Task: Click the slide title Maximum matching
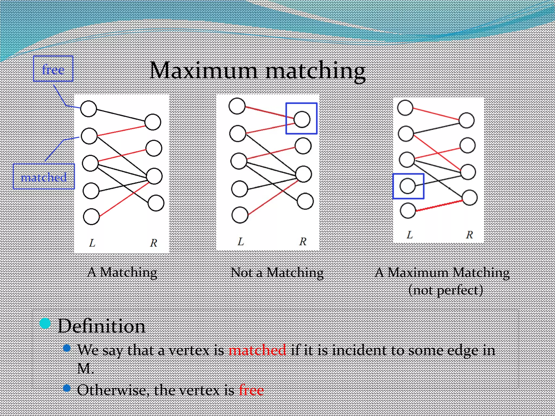click(x=257, y=71)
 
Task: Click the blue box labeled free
click(x=53, y=69)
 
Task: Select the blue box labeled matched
click(x=44, y=177)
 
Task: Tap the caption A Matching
click(x=122, y=272)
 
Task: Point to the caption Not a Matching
click(x=277, y=272)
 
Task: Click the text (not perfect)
click(x=446, y=290)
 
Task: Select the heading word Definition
click(x=102, y=326)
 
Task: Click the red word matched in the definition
click(x=257, y=350)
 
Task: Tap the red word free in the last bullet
click(x=251, y=390)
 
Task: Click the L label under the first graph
click(x=92, y=243)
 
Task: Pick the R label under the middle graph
click(x=303, y=241)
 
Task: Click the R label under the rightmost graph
click(x=469, y=235)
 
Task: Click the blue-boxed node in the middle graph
click(x=302, y=119)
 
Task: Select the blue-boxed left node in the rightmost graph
click(x=408, y=186)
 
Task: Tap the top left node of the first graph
click(x=89, y=109)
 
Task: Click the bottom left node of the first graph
click(x=91, y=217)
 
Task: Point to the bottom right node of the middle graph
click(x=305, y=201)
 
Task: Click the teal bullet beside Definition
click(x=45, y=323)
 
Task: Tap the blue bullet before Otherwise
click(x=67, y=388)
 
